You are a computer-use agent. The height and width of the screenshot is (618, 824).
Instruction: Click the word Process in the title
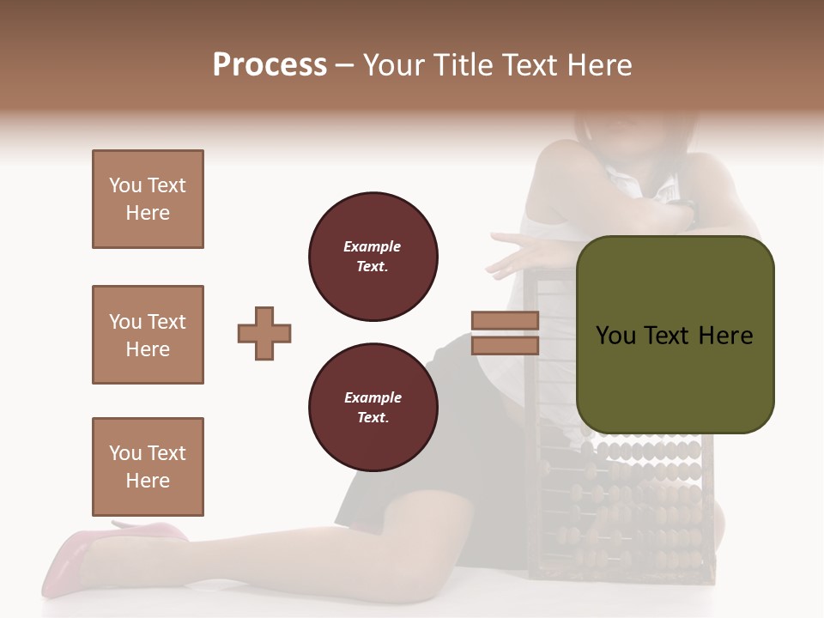tap(270, 65)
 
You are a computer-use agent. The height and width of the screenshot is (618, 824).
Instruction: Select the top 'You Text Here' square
tap(148, 199)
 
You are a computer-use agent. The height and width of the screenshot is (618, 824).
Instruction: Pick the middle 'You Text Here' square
tap(148, 335)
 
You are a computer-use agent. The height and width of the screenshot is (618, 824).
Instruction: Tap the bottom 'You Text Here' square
tap(148, 467)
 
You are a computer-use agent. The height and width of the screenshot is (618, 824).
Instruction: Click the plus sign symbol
tap(264, 333)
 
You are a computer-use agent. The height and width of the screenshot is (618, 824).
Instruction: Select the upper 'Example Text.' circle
tap(373, 257)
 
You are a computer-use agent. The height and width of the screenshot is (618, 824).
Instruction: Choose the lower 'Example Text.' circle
tap(373, 408)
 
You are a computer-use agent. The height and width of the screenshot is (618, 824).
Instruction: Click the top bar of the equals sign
tap(505, 321)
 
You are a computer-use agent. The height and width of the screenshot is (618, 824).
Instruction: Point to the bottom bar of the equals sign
tap(505, 345)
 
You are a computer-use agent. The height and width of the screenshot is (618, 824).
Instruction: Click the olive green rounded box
tap(675, 378)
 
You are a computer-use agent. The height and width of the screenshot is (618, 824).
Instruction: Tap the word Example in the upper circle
tap(372, 247)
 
